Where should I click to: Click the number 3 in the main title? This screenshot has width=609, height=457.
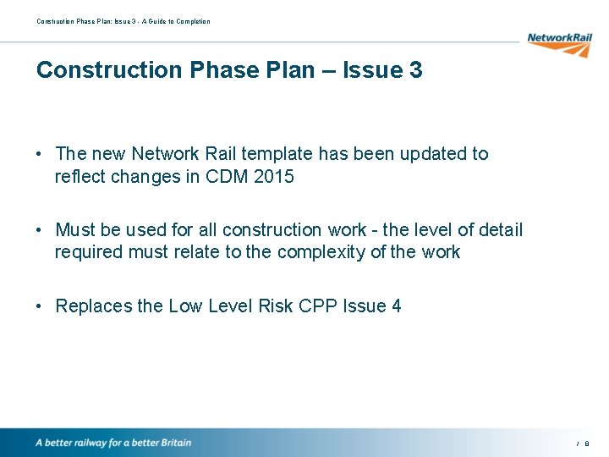(414, 70)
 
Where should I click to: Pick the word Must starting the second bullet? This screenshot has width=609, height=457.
(75, 230)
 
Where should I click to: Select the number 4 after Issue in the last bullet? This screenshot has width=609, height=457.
(396, 306)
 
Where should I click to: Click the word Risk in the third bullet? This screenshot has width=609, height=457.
(272, 306)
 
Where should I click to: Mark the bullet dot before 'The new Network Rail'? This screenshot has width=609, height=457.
(41, 154)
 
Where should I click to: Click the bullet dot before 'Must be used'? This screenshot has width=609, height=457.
(41, 230)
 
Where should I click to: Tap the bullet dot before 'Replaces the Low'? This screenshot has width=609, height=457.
(41, 306)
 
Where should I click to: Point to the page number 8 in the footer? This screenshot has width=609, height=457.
(587, 443)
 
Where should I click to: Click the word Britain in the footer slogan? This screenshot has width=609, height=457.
(173, 443)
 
